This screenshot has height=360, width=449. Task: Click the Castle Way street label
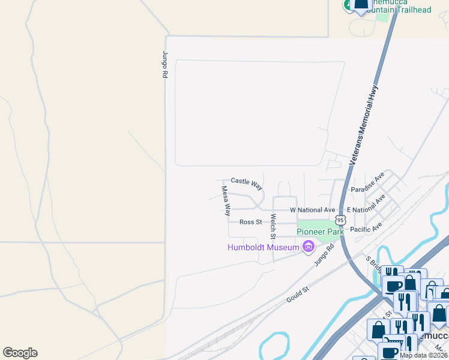pyautogui.click(x=247, y=181)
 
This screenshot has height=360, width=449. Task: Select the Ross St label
pyautogui.click(x=251, y=222)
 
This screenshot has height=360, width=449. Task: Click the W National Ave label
pyautogui.click(x=312, y=211)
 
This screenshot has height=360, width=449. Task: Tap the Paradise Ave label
pyautogui.click(x=367, y=184)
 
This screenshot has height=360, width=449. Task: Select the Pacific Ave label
pyautogui.click(x=366, y=229)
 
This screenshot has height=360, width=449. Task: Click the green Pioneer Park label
pyautogui.click(x=319, y=232)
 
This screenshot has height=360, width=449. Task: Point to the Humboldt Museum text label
pyautogui.click(x=263, y=247)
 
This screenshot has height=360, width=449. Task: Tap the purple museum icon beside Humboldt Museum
pyautogui.click(x=309, y=246)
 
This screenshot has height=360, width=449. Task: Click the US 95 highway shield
pyautogui.click(x=340, y=220)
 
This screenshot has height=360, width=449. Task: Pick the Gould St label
pyautogui.click(x=297, y=293)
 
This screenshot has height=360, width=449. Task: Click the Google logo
pyautogui.click(x=20, y=353)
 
